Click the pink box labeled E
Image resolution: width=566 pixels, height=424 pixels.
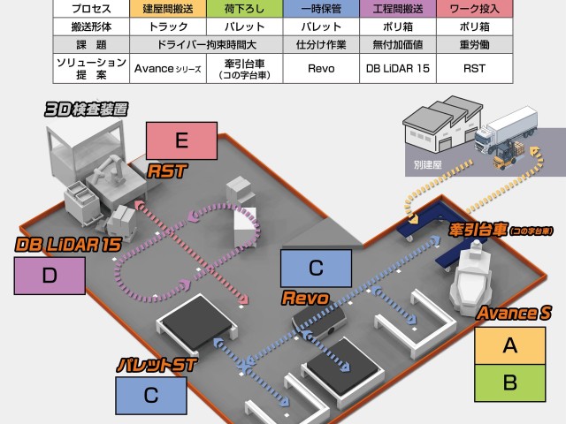tap(182, 140)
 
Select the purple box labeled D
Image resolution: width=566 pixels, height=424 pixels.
tap(50, 275)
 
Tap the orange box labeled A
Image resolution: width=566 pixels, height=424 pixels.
tap(509, 345)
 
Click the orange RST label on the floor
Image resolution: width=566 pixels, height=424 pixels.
tap(167, 170)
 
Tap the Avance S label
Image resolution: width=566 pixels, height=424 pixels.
tap(508, 313)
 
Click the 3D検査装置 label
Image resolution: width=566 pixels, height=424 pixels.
tap(87, 110)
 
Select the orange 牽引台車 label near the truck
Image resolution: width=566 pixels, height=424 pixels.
tap(500, 231)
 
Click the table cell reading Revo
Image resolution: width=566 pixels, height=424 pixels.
tap(319, 67)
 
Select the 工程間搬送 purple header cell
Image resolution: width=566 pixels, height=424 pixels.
tap(398, 8)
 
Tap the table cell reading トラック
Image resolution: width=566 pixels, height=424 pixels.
tap(164, 26)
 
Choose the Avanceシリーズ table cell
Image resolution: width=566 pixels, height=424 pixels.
tap(164, 67)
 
